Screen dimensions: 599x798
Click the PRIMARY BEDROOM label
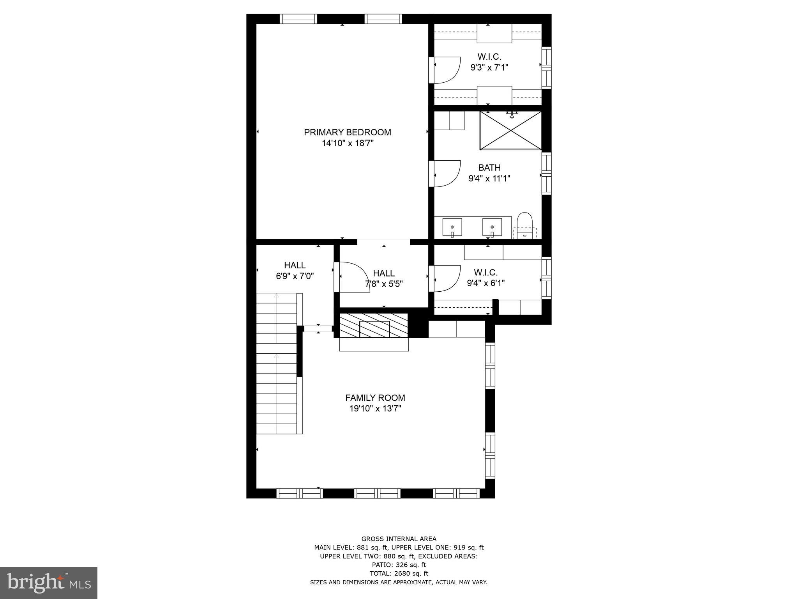(347, 132)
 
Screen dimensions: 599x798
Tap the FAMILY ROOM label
(375, 398)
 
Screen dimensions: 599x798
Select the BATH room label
(489, 168)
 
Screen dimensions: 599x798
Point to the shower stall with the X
(510, 131)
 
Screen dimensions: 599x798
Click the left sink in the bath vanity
(452, 227)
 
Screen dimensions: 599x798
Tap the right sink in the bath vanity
(492, 227)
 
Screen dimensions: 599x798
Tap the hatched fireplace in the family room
(374, 325)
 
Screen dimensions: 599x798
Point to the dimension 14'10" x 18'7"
(347, 143)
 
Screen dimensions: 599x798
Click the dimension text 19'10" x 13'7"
(375, 409)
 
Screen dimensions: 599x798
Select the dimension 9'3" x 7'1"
(489, 67)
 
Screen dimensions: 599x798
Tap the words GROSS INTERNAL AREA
(399, 539)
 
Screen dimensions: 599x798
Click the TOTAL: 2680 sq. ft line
(399, 573)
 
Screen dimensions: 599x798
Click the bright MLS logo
(49, 583)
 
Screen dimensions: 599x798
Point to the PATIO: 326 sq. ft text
(399, 565)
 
